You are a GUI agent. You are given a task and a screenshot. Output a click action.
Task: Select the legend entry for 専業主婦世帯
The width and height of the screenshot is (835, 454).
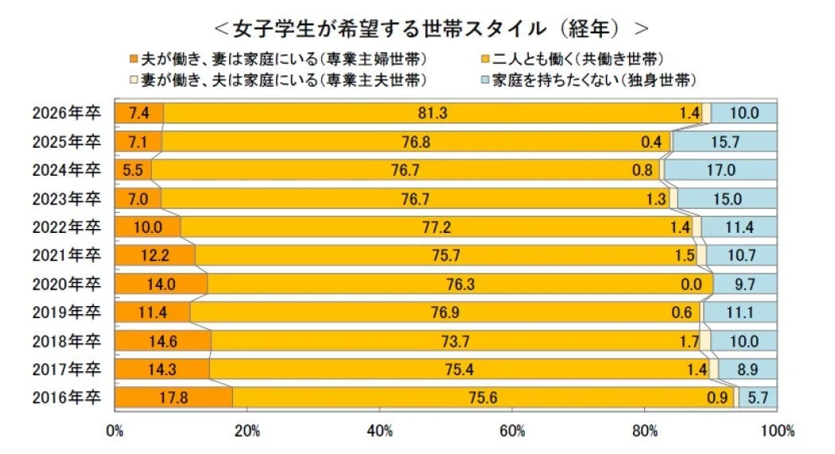click(x=282, y=59)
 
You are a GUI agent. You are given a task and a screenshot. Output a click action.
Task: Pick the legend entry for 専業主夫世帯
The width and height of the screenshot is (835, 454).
click(x=282, y=80)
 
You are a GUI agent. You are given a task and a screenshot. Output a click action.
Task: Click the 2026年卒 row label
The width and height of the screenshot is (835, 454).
click(x=67, y=113)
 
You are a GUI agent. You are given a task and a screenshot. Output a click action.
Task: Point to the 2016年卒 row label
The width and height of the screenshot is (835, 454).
click(x=67, y=398)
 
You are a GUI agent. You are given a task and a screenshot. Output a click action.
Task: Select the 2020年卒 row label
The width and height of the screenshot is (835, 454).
click(x=67, y=284)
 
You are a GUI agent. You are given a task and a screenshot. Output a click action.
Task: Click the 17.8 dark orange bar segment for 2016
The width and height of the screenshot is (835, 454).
click(x=173, y=398)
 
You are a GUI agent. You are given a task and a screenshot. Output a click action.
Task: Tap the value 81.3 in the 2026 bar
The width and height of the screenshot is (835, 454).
click(x=433, y=113)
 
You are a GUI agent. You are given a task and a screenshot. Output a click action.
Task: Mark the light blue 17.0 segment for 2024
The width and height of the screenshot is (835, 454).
click(x=720, y=170)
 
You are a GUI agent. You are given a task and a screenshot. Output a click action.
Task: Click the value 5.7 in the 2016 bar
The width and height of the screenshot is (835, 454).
click(x=760, y=398)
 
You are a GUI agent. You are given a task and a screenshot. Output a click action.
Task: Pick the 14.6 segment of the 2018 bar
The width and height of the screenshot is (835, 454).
click(x=163, y=341)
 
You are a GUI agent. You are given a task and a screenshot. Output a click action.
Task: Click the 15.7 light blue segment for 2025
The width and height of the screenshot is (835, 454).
click(x=724, y=142)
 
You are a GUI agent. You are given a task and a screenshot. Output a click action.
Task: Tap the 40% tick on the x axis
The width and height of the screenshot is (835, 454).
click(x=380, y=432)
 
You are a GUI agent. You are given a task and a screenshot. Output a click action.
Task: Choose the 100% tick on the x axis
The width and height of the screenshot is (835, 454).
click(x=777, y=432)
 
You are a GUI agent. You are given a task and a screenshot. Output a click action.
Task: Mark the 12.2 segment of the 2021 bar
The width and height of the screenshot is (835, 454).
click(x=155, y=255)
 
